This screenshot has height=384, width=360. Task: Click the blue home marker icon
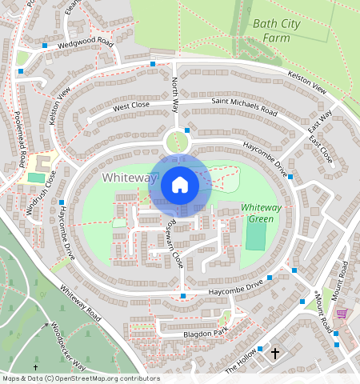coord(180,186)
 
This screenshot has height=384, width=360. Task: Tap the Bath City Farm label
coord(276,30)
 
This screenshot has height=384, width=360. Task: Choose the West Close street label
coord(131,106)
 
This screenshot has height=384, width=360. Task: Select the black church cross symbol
coord(275,353)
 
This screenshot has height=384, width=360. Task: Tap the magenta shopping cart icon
coord(342,313)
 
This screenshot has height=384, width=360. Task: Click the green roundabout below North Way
coord(177,143)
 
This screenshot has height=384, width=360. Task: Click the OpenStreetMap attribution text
coord(80,378)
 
